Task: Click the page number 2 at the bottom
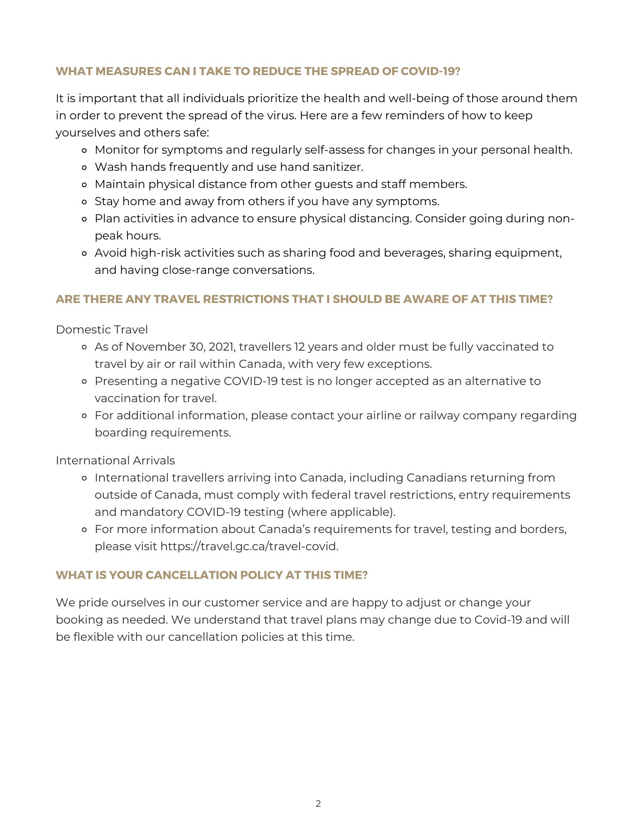(x=318, y=804)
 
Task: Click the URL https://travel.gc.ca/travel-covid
(x=249, y=546)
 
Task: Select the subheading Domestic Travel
(x=102, y=330)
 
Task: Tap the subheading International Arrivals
(x=115, y=460)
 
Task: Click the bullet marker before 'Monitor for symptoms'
(x=85, y=150)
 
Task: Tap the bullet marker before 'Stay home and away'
(x=85, y=202)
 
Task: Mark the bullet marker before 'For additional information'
(x=85, y=416)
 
